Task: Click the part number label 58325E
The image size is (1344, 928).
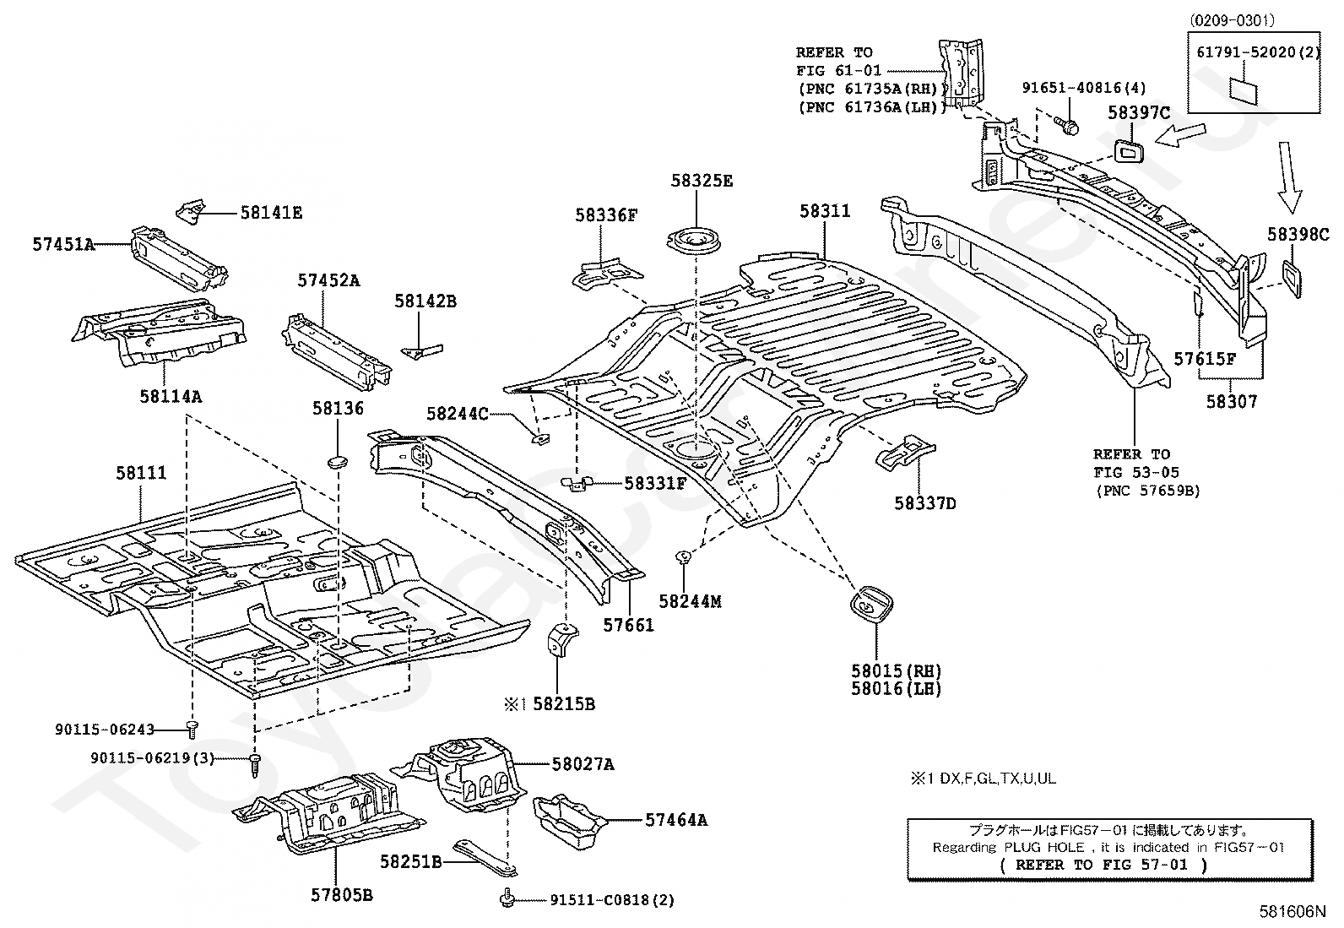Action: [702, 181]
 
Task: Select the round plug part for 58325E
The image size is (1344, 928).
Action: [696, 241]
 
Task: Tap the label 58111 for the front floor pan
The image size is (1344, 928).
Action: [141, 474]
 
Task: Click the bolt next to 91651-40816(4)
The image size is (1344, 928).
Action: [1070, 127]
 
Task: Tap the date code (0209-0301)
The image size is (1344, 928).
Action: [1233, 20]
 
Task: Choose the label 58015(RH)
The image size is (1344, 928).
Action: [895, 671]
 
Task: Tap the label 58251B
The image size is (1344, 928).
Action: [410, 861]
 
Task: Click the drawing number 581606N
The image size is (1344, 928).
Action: [1293, 912]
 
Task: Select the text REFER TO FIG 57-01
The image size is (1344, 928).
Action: [1103, 865]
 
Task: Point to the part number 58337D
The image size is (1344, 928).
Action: [924, 504]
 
